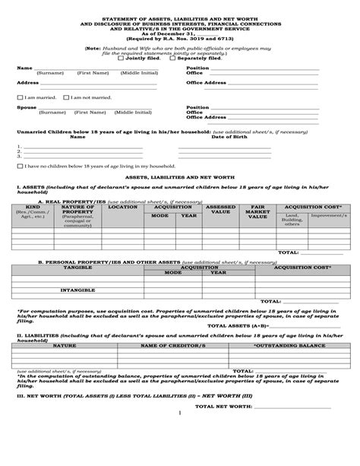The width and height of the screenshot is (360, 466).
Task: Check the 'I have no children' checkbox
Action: point(20,165)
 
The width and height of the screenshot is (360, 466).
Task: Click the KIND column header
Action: point(33,207)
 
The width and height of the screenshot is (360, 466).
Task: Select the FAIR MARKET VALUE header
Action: point(257,211)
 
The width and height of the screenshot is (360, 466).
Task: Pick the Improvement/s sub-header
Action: point(324,215)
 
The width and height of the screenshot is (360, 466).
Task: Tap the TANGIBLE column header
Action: point(77,268)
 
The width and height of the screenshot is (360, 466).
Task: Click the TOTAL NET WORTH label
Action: point(223,407)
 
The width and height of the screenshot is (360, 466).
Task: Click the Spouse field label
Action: point(25,107)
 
